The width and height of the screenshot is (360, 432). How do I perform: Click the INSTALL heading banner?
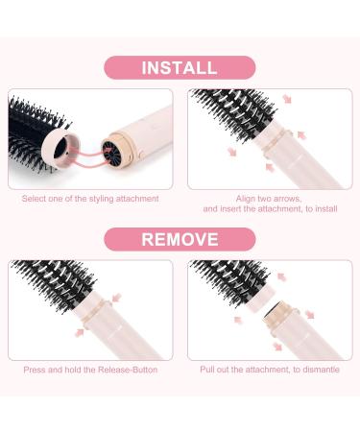coord(180,67)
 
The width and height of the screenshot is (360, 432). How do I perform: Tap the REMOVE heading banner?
coord(180,239)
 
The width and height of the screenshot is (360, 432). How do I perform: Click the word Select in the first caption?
coord(36,199)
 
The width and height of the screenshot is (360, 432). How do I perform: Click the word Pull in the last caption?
coord(212,369)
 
